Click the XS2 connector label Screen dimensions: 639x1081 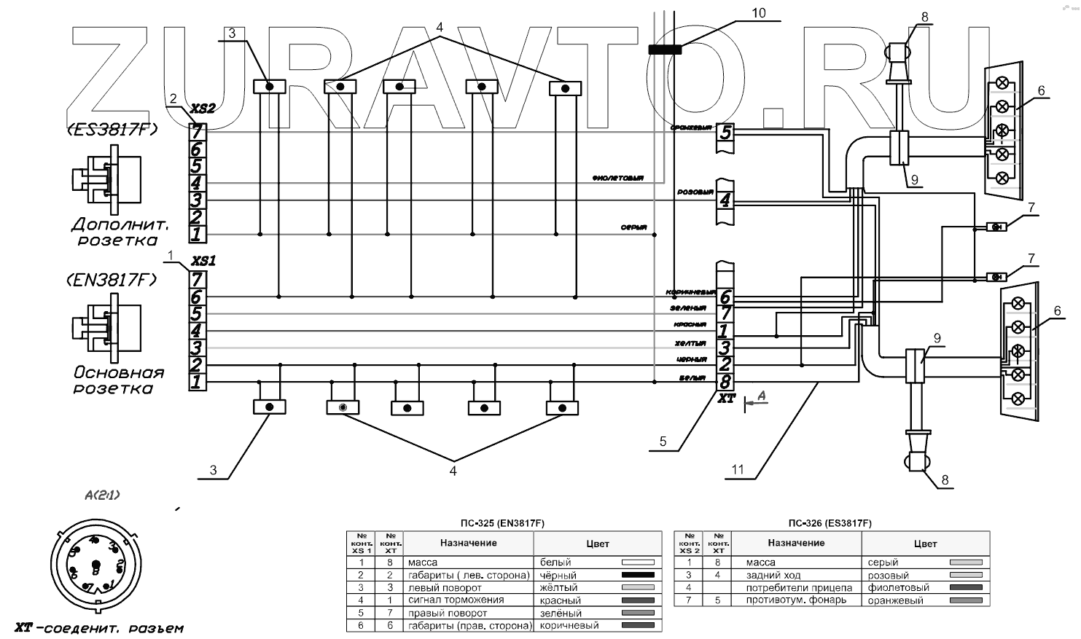coord(202,109)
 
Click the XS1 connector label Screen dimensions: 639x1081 coord(202,260)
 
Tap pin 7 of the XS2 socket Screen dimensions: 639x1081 coord(198,132)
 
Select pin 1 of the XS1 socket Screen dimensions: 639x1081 coord(197,382)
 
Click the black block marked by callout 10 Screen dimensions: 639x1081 coord(665,50)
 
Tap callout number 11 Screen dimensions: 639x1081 coord(738,470)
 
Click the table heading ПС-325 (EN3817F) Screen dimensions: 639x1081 coord(503,523)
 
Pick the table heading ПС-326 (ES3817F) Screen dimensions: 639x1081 coord(830,523)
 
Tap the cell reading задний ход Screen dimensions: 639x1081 coord(770,575)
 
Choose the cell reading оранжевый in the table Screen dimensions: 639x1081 coord(895,600)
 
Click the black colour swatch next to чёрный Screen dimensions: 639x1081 coord(637,575)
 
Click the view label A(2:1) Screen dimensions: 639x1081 coord(103,495)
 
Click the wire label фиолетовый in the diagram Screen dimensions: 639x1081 coord(617,179)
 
